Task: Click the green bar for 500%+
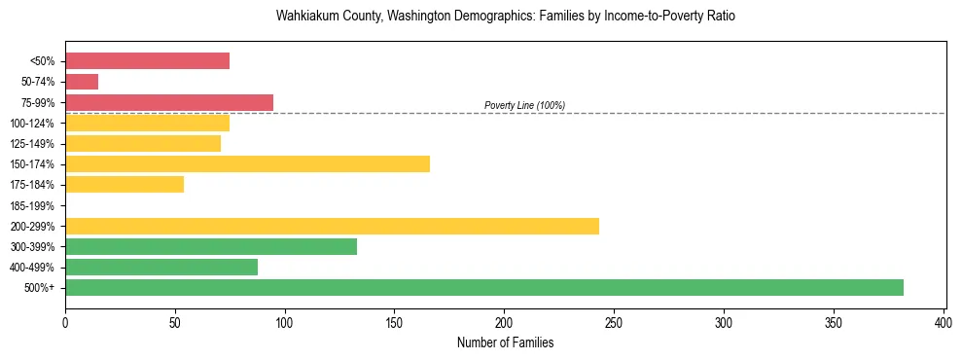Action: click(x=483, y=287)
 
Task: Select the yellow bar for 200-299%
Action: click(x=332, y=226)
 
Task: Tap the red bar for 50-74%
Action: click(x=82, y=82)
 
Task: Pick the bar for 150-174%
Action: click(x=247, y=164)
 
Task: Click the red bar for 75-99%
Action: click(x=169, y=102)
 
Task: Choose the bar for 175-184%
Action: click(x=125, y=185)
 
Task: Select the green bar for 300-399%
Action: click(x=211, y=246)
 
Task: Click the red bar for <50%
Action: click(x=147, y=61)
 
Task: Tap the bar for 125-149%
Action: click(x=143, y=144)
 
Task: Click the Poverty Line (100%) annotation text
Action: click(x=524, y=105)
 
